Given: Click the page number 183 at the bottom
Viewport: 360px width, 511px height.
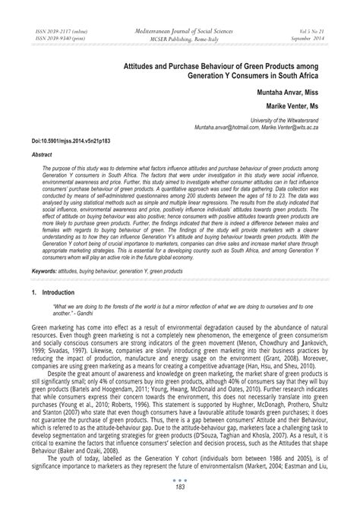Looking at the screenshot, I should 180,497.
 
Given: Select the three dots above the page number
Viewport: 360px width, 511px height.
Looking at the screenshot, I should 180,489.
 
